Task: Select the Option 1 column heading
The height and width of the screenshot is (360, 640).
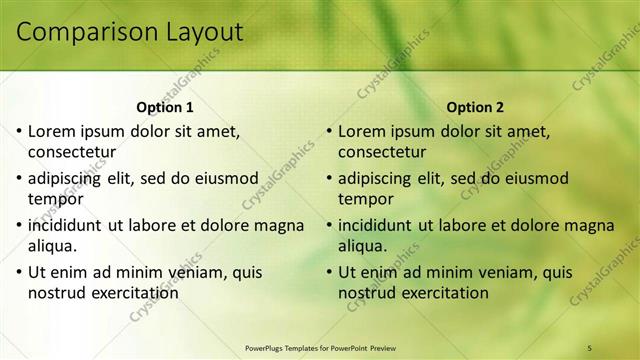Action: (x=164, y=107)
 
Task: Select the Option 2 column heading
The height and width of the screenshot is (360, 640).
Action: (x=475, y=107)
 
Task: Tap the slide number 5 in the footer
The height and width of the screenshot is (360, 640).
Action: (x=590, y=347)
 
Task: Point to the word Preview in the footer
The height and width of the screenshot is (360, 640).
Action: (x=391, y=347)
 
